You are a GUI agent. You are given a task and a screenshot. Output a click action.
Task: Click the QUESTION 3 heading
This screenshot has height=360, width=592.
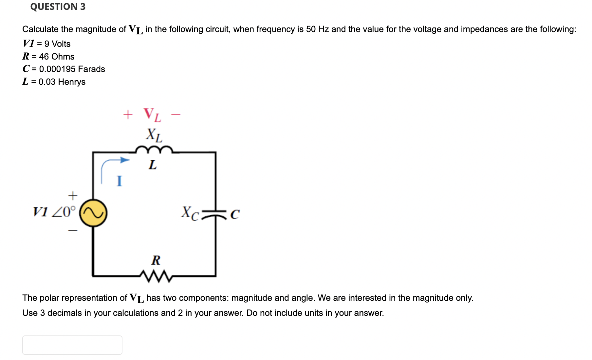[x=58, y=7]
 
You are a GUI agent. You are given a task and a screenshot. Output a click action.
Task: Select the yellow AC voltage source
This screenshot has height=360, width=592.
[x=93, y=213]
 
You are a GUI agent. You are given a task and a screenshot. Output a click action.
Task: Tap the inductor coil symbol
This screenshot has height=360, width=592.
[x=154, y=150]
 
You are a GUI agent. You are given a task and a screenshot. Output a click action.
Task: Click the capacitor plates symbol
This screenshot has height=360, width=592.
[x=215, y=213]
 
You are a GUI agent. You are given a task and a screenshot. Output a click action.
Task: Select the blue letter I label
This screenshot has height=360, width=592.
[x=119, y=181]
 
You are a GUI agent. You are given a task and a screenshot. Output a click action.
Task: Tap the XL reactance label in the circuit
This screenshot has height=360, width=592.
[x=154, y=135]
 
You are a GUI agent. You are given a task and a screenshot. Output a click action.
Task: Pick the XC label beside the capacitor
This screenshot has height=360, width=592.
[x=190, y=213]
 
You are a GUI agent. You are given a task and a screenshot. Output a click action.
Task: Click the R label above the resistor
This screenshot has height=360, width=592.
[x=156, y=261]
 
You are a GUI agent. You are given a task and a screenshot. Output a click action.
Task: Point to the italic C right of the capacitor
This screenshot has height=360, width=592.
[x=235, y=215]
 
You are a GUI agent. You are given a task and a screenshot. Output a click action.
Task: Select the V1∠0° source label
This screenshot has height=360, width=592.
[x=54, y=212]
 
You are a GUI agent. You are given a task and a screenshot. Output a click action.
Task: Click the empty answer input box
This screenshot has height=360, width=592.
[x=72, y=345]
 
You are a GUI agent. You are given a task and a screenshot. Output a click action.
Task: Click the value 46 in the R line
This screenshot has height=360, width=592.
[x=44, y=57]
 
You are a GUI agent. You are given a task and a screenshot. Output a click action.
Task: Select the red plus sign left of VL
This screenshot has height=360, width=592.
[x=128, y=115]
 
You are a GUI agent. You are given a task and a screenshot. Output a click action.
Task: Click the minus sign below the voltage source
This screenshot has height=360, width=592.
[x=73, y=231]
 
